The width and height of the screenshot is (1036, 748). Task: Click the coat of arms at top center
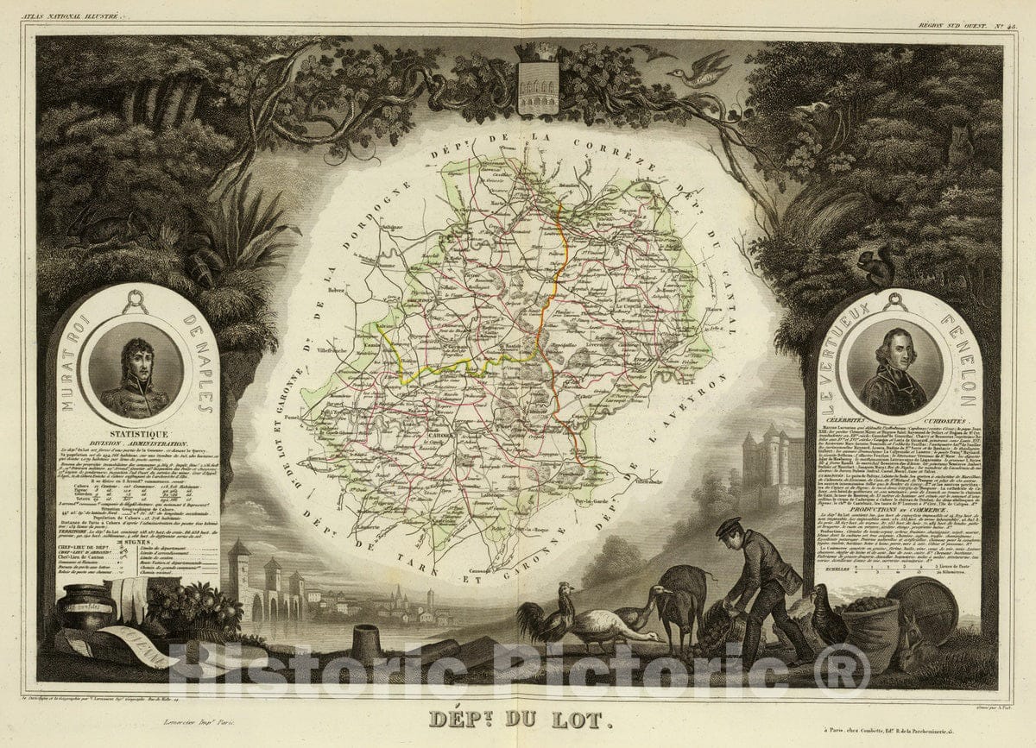point(537,83)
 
